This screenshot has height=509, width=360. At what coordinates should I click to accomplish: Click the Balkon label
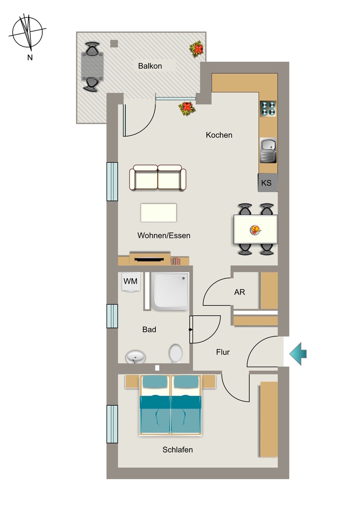(150, 66)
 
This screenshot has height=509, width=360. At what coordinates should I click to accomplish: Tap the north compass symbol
(28, 32)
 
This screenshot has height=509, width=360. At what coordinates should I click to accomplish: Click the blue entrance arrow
(298, 353)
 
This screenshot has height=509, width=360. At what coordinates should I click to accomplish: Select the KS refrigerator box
(268, 182)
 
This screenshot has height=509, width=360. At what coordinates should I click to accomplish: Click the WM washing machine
(131, 281)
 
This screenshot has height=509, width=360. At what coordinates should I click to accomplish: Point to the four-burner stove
(268, 108)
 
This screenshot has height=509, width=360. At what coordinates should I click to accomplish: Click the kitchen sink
(269, 150)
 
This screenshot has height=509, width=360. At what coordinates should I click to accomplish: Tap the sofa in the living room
(158, 177)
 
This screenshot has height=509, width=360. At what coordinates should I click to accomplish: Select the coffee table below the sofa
(159, 213)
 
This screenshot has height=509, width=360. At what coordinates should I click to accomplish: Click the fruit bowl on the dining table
(255, 230)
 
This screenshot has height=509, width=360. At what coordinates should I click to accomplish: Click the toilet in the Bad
(176, 353)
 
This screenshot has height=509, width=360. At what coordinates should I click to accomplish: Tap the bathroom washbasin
(135, 357)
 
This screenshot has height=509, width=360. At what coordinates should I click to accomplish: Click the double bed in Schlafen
(171, 405)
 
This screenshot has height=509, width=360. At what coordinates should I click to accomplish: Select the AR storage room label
(240, 292)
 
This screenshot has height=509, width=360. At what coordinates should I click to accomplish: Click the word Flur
(223, 352)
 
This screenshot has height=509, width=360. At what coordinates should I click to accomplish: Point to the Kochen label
(219, 135)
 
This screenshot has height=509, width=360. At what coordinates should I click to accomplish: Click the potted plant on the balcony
(197, 49)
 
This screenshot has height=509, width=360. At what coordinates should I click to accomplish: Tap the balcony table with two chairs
(92, 67)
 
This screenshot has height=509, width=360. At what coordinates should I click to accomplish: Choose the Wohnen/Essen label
(164, 235)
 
